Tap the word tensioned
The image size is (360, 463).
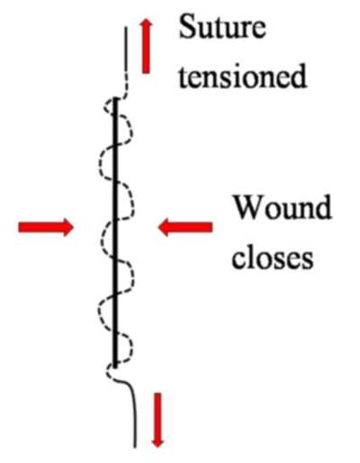(242, 76)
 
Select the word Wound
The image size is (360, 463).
(283, 207)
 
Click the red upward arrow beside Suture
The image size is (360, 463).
(146, 46)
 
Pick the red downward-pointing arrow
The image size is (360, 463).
(157, 420)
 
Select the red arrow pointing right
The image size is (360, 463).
(46, 227)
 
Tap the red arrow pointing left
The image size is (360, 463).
(185, 227)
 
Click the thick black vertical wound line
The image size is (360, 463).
(115, 231)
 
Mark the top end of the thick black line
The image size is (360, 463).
(115, 98)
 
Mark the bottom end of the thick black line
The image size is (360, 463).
(115, 367)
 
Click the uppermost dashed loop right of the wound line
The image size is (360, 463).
(131, 129)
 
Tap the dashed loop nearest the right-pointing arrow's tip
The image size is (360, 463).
(101, 241)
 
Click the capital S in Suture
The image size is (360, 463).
(186, 27)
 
